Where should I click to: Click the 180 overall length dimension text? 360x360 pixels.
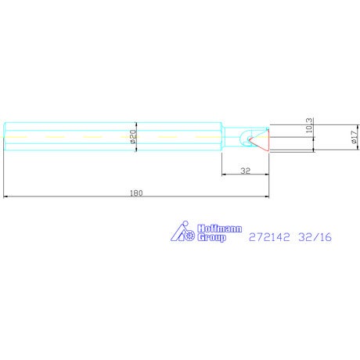coord(136,193)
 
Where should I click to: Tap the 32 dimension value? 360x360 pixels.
coord(246,171)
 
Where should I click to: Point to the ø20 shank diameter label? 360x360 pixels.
coord(133,137)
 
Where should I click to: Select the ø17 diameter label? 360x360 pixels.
coord(354,137)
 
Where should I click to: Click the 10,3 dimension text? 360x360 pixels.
coord(309,125)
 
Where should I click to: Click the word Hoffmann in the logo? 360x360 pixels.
coord(219,229)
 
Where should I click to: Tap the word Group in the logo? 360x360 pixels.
coord(211,238)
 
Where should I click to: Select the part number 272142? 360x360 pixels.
coord(269,237)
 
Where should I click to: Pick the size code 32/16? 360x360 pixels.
coord(315,237)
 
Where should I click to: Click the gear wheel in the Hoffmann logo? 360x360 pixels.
coord(189,236)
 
